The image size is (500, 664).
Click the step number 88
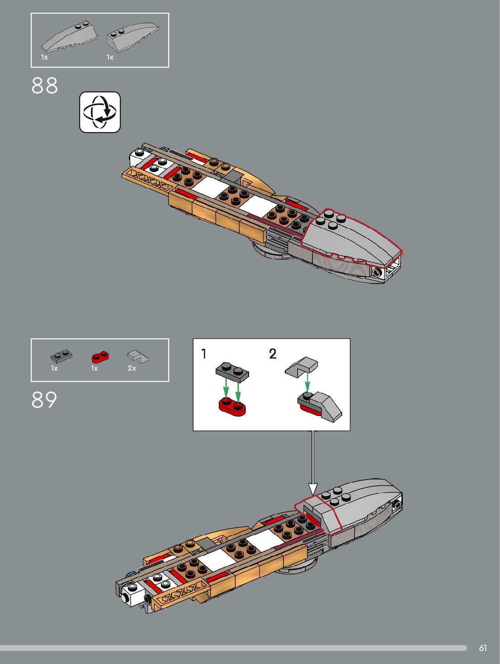[44, 85]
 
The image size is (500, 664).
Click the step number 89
[44, 400]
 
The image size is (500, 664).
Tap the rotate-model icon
[100, 112]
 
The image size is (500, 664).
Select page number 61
[483, 648]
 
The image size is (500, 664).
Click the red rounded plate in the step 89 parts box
[100, 357]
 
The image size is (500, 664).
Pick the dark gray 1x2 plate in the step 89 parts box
[61, 356]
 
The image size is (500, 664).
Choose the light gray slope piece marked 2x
[138, 357]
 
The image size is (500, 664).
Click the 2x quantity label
[132, 368]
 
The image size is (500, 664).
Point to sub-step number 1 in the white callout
[204, 353]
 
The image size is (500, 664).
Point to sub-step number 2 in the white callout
[273, 353]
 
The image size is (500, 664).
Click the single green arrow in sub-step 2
[307, 383]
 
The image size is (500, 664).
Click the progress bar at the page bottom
[233, 648]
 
